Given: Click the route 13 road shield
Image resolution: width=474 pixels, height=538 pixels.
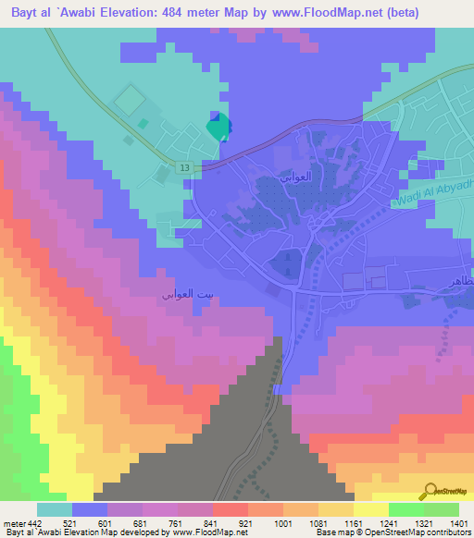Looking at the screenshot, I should coord(185,166).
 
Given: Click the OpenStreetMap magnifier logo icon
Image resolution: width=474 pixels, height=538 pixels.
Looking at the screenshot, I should coord(430,491).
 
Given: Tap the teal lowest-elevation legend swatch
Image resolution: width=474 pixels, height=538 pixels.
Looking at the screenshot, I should coord(55,509).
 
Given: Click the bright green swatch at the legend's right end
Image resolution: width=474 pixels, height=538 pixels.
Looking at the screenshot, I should coord(441,509).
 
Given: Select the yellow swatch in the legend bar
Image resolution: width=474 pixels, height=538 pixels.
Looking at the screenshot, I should coord(370,509).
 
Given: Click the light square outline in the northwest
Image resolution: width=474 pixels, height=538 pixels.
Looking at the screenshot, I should coord(130,97).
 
